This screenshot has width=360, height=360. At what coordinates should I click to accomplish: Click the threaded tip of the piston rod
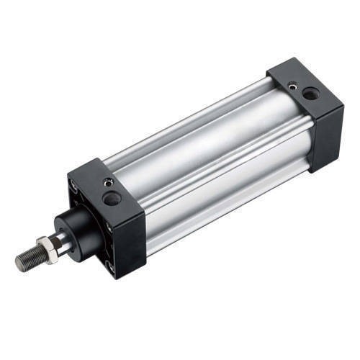[27, 260]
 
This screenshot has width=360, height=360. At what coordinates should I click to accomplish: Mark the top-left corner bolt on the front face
[73, 184]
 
